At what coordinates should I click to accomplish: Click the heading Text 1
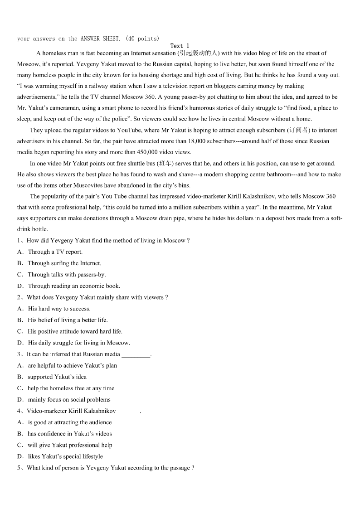coord(180,46)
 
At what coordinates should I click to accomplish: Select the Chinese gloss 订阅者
coord(299,130)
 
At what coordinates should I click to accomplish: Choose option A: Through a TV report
coord(55,252)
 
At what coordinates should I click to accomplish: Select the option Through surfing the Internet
coord(64,263)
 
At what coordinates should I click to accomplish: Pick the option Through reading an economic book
coord(74,286)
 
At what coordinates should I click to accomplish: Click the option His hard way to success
coord(59,309)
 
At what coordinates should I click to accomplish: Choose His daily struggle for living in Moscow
coord(79,343)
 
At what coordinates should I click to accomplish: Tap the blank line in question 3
coord(136,354)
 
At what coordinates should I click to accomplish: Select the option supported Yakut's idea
coord(57,377)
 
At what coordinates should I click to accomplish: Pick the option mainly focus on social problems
coord(69,400)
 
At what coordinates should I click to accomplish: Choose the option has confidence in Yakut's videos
coord(69,434)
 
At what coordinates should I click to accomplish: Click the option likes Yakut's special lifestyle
coord(65,456)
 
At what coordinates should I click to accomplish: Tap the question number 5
coord(19,468)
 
